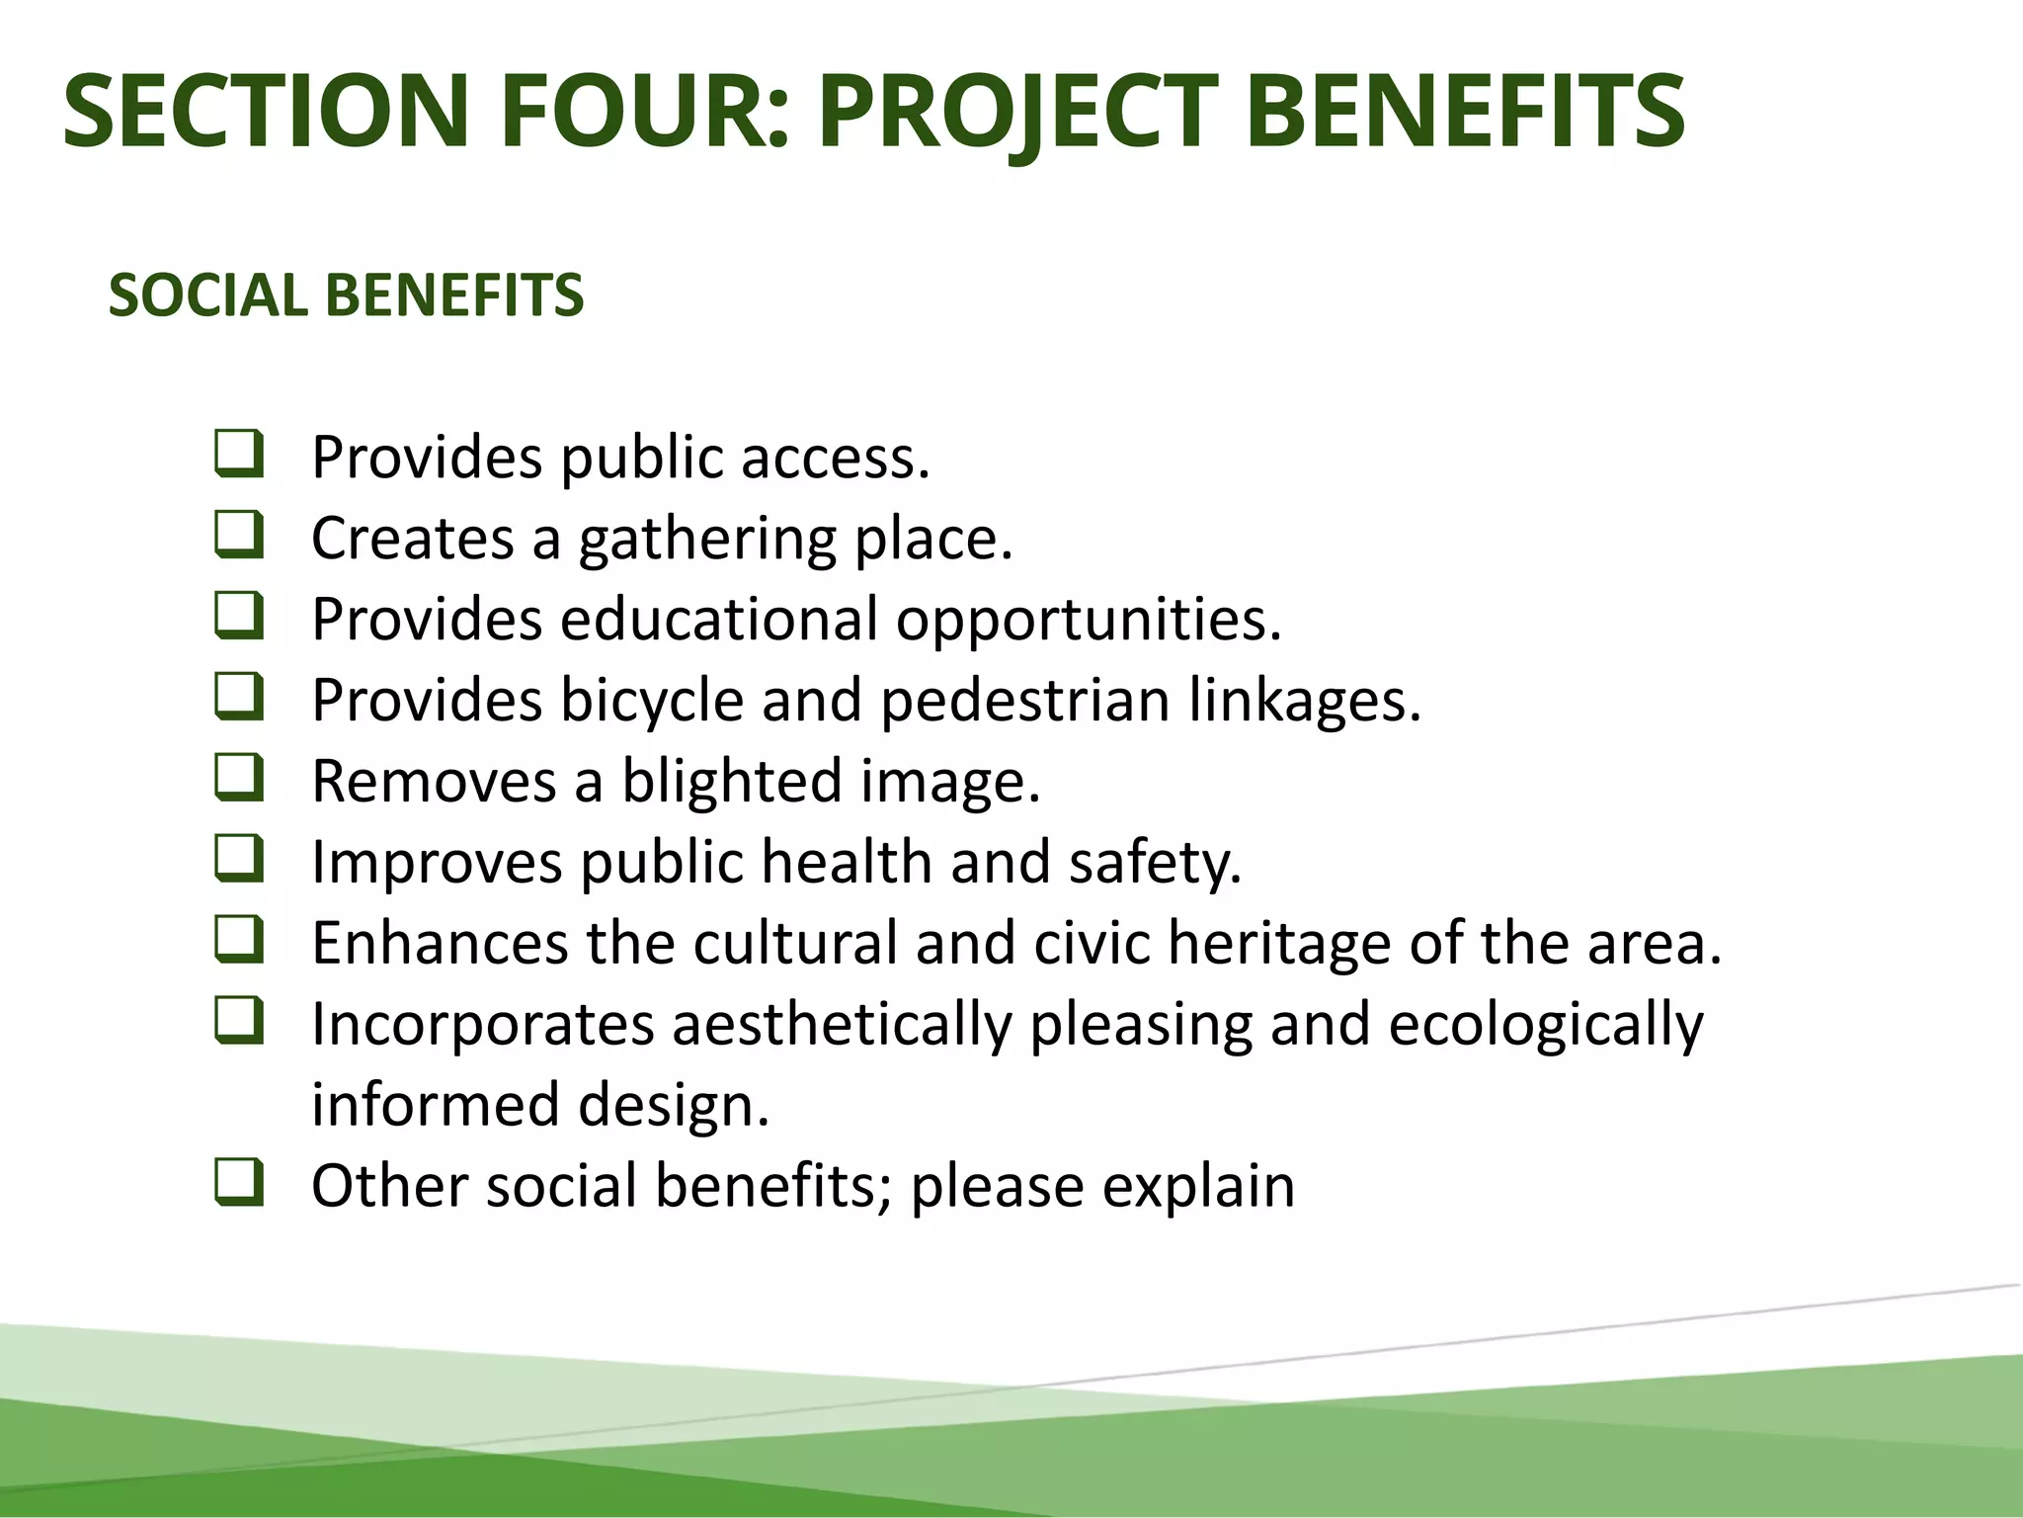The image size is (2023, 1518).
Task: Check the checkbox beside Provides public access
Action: [239, 455]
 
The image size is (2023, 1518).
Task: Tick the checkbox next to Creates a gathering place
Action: [239, 536]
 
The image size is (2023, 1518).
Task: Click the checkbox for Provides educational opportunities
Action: [239, 617]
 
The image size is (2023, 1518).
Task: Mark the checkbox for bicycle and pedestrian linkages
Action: [239, 698]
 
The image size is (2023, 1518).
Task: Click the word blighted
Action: [732, 783]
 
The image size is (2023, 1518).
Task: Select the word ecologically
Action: [1546, 1026]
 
